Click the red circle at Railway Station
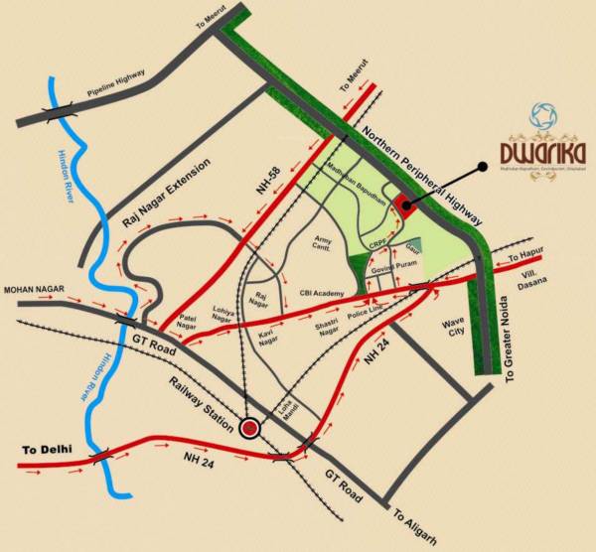pyautogui.click(x=249, y=428)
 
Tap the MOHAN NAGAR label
pyautogui.click(x=33, y=290)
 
